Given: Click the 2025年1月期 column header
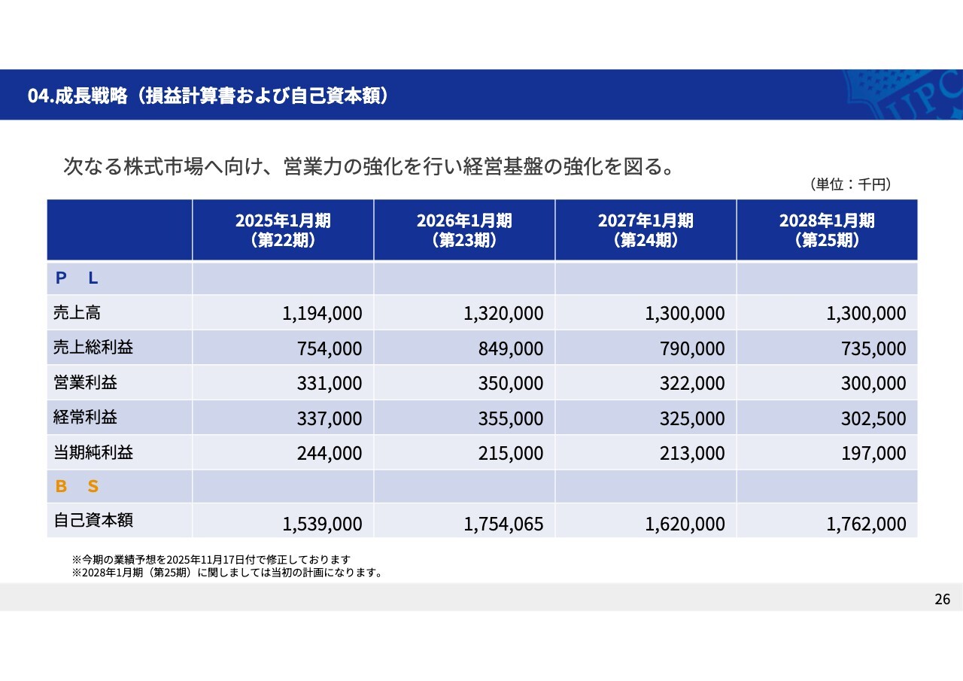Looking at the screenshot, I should click(283, 230).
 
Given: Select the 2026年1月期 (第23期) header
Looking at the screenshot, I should click(464, 230).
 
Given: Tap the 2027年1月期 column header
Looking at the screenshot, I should click(646, 230).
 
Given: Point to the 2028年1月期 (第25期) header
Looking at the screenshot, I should click(827, 230).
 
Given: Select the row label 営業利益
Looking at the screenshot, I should click(85, 382).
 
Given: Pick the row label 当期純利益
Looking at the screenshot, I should click(93, 451).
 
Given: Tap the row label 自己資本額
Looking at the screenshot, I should click(93, 520).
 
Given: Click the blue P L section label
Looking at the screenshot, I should click(77, 278).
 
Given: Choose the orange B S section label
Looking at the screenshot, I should click(77, 486).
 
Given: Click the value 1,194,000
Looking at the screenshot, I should click(322, 313).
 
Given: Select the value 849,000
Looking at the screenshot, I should click(510, 348).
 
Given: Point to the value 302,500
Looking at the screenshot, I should click(873, 418).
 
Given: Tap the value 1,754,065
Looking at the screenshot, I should click(503, 524).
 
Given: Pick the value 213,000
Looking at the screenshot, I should click(692, 453).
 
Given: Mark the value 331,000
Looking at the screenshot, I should click(329, 383).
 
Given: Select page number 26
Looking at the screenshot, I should click(942, 599).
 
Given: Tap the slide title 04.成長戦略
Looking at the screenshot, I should click(208, 96).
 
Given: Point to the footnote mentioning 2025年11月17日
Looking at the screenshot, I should click(211, 560).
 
